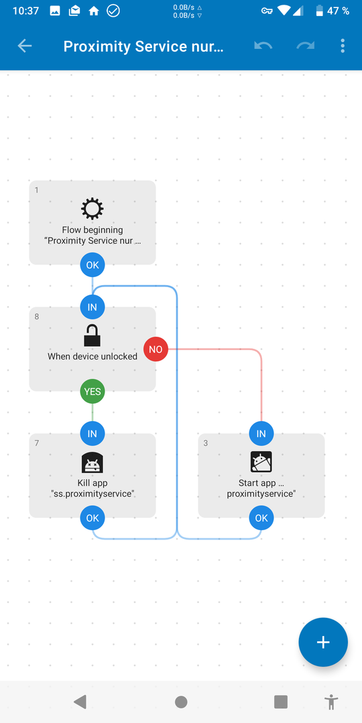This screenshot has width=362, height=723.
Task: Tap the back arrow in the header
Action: (25, 46)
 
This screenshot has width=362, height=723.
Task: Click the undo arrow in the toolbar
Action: (263, 46)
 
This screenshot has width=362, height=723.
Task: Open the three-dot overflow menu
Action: (343, 46)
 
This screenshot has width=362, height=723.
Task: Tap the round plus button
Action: (322, 642)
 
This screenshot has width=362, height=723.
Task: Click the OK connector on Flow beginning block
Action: (93, 265)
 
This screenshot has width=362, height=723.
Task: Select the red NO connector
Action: (156, 349)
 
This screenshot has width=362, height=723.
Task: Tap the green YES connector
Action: (93, 392)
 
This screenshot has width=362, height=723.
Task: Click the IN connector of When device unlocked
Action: (93, 307)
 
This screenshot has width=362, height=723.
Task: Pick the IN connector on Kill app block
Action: (93, 433)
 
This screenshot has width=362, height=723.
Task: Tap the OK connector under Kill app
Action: (93, 517)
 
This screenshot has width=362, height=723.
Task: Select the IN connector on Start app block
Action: (261, 433)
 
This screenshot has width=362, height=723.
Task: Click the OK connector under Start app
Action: (261, 517)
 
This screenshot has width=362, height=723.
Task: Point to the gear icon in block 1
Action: (93, 210)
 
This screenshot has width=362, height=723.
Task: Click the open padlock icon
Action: (93, 335)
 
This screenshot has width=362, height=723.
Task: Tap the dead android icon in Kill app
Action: (93, 463)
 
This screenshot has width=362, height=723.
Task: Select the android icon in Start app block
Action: (261, 462)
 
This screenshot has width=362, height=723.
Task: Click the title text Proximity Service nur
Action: (143, 46)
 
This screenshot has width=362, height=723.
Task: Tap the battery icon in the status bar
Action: (320, 11)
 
